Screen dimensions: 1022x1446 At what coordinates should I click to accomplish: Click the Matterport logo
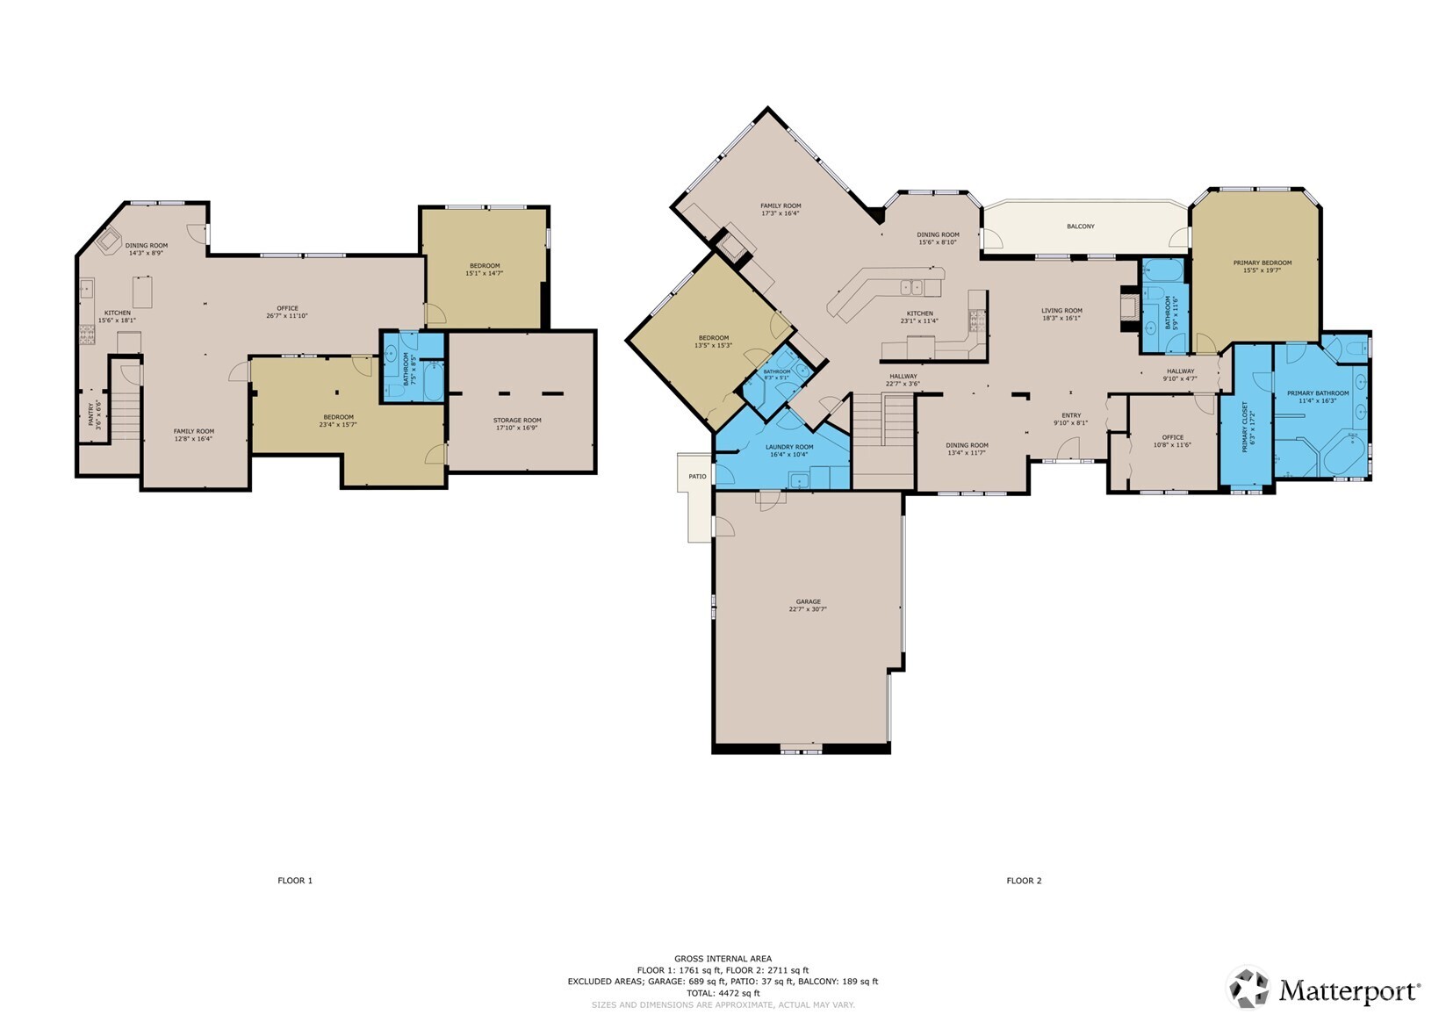tap(1324, 990)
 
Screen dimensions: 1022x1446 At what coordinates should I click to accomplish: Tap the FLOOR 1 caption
tap(295, 881)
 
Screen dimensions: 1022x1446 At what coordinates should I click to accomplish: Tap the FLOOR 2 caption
tap(1024, 881)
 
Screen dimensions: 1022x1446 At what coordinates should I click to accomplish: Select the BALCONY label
tap(1081, 227)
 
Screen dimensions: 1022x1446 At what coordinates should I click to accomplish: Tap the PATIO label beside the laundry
tap(697, 477)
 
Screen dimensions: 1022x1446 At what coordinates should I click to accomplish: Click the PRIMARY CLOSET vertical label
tap(1245, 427)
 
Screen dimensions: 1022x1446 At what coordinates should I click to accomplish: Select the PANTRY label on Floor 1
tap(92, 414)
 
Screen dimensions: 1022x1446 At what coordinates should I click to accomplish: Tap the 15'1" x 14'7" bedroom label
tap(484, 269)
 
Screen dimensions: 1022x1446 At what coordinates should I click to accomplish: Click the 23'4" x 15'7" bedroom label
tap(338, 420)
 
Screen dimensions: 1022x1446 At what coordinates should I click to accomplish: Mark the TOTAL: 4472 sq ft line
tap(723, 993)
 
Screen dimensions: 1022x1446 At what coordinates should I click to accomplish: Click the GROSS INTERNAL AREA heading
tap(723, 959)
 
